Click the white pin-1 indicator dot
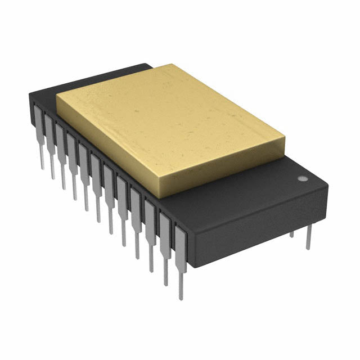(302, 178)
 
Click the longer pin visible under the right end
(308, 236)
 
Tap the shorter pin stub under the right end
(291, 232)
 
